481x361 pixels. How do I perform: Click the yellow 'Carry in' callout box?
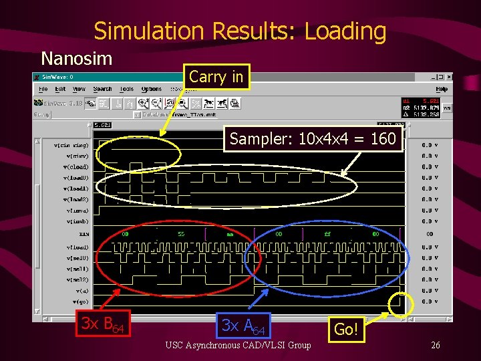pos(216,78)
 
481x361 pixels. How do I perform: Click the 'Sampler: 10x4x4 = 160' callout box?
pos(313,139)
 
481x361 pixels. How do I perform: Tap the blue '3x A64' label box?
pos(245,326)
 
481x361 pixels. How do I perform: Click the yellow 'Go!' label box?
pos(347,329)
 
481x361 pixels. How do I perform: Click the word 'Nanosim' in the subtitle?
pos(77,58)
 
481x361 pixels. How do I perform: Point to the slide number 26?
pos(435,345)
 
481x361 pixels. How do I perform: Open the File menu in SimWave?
pos(43,89)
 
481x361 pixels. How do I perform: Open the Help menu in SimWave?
pos(441,89)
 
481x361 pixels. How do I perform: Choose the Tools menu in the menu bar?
pos(126,89)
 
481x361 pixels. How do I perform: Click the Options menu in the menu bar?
pos(152,89)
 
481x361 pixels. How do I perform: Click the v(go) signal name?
pos(79,302)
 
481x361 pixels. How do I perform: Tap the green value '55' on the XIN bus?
pos(180,234)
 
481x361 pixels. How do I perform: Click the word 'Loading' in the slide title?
pos(343,31)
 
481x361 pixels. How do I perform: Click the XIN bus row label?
pos(84,235)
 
